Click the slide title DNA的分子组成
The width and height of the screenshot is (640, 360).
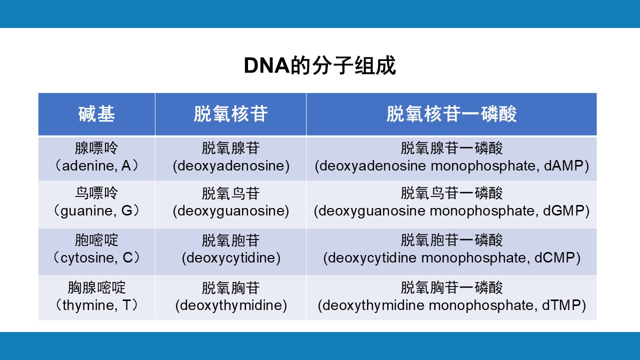coord(319,65)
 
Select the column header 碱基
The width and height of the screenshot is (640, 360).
coord(96,113)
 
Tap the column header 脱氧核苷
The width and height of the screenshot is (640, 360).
coord(230,113)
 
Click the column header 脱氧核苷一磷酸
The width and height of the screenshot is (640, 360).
coord(451,113)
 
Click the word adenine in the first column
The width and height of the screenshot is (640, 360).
coord(88,166)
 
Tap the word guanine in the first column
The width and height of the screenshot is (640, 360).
coord(87,211)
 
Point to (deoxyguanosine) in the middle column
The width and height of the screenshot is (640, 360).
coord(231,211)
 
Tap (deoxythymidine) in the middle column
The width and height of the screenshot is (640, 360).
coord(231,305)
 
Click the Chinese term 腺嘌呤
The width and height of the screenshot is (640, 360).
coord(96,148)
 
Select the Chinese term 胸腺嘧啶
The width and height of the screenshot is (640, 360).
coord(96,287)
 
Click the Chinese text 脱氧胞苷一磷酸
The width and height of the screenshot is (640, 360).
coord(451,240)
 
